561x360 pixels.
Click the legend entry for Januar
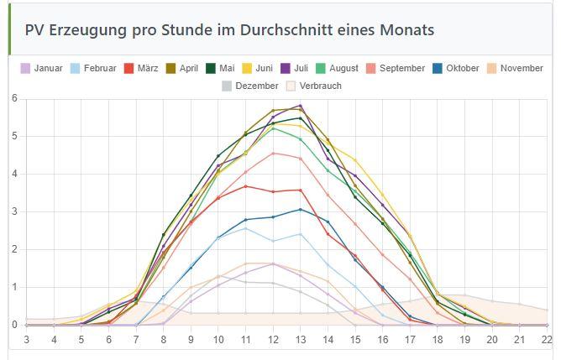(41, 68)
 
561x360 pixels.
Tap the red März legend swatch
(129, 68)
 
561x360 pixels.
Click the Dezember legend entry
(250, 86)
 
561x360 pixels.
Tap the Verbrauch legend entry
(315, 86)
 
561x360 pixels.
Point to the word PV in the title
(36, 30)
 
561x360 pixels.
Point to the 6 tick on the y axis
(14, 99)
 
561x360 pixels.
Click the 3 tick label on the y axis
(14, 211)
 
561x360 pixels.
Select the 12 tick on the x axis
(273, 339)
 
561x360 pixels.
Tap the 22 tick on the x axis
(548, 339)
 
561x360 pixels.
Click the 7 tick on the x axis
(136, 339)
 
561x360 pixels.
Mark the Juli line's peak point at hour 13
(300, 107)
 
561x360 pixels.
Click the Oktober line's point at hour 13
(300, 209)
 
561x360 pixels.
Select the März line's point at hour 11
(245, 186)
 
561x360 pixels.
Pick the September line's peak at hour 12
(273, 154)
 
